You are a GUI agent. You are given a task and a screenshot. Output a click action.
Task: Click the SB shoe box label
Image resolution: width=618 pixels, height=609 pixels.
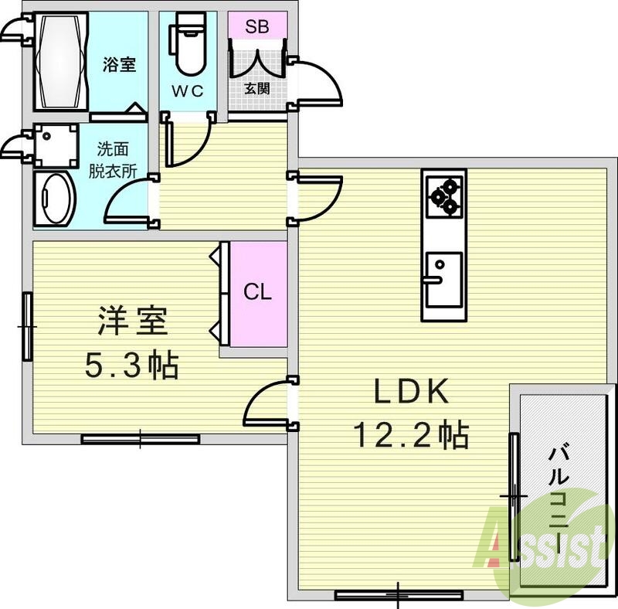(257, 26)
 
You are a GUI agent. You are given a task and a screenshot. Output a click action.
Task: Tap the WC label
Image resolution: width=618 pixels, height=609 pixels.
(187, 91)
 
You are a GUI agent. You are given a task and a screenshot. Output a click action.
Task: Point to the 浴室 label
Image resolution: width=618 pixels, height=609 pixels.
(120, 65)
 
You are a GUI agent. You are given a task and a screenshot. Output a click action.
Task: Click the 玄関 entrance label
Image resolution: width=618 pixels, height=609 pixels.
(257, 87)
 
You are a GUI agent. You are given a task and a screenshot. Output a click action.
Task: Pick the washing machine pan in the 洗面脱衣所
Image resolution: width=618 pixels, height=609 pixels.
(56, 146)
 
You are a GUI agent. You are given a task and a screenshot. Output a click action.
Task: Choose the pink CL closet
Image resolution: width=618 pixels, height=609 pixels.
(258, 293)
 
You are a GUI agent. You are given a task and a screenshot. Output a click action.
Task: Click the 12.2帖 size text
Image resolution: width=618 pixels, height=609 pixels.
(411, 436)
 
